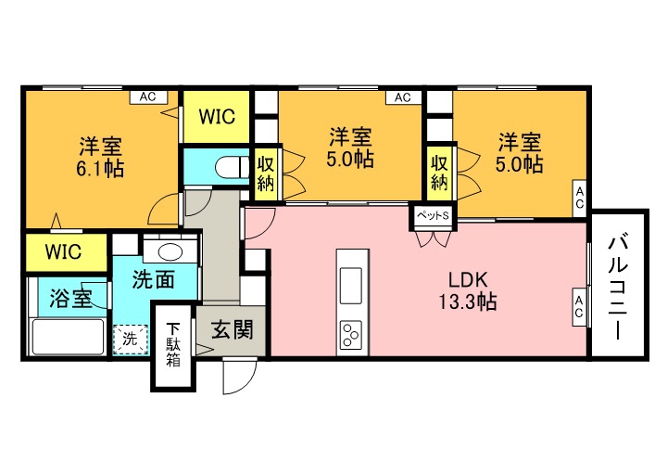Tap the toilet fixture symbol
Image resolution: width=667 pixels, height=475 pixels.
tap(233, 167)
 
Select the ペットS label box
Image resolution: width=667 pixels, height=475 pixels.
tap(433, 216)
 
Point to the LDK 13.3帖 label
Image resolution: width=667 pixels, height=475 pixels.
tap(468, 290)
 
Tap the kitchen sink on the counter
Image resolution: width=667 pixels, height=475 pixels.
tap(351, 280)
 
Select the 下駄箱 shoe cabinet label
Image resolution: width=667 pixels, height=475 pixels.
tap(173, 345)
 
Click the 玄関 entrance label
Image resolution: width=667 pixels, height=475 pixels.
tap(233, 329)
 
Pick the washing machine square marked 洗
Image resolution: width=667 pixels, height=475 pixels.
tap(131, 340)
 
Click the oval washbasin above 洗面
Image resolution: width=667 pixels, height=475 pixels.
tap(170, 252)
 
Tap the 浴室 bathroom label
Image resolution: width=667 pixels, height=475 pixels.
tap(70, 298)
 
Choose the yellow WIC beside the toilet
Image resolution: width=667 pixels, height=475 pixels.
tap(217, 116)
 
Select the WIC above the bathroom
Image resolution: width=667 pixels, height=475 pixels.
tap(63, 251)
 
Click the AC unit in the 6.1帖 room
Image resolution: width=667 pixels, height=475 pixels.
tap(148, 97)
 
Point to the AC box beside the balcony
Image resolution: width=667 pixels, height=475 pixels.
tap(579, 308)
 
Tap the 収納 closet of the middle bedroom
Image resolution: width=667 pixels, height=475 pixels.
tap(266, 173)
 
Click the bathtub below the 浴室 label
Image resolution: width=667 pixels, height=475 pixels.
tap(69, 336)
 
